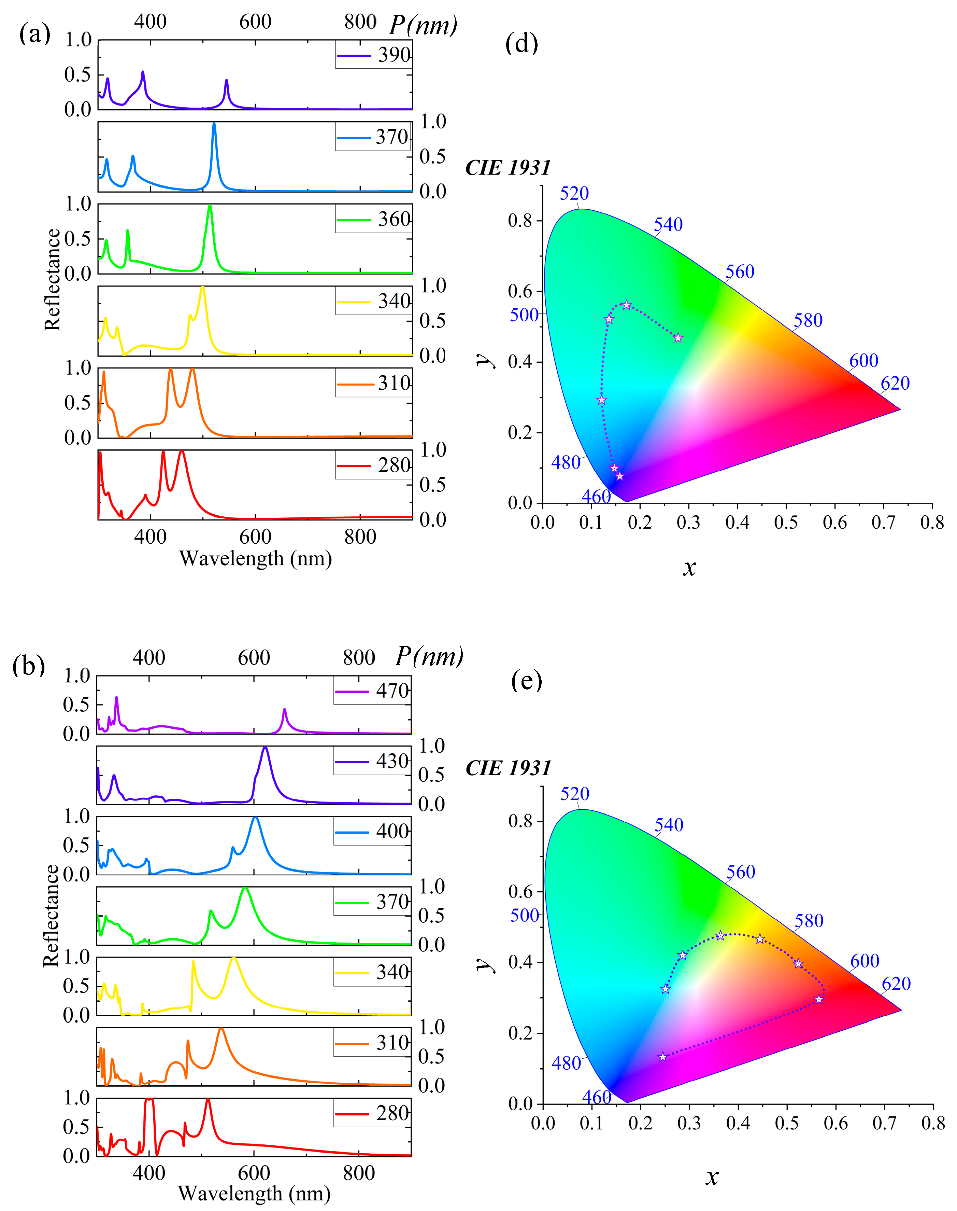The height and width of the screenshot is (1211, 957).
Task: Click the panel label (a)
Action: [35, 35]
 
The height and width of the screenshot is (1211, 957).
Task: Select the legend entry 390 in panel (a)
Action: [374, 55]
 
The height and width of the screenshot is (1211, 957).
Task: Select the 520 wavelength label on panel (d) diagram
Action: [574, 193]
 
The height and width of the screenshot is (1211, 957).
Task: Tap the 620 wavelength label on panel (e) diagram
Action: [896, 983]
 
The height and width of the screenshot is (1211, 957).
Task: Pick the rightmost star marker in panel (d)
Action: [678, 337]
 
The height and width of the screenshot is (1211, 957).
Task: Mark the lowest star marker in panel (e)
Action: [662, 1057]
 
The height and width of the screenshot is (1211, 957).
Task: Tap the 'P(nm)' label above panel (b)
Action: [429, 656]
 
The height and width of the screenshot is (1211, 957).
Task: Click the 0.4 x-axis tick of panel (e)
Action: [738, 1123]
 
